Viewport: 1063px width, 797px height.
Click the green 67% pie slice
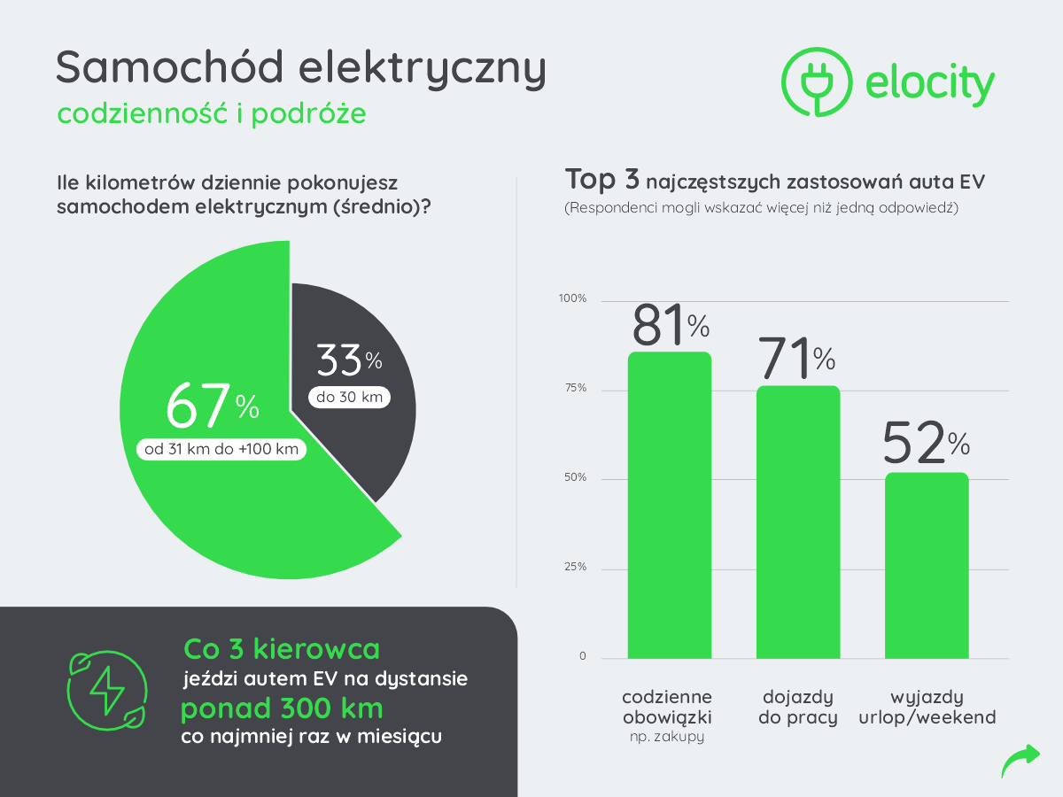[221, 496]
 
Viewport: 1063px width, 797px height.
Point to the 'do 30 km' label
[349, 397]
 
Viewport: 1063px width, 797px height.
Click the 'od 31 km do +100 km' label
[221, 449]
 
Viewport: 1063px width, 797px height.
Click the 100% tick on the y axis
[572, 298]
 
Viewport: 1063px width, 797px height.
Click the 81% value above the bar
[670, 325]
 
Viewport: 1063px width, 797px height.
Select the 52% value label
[926, 445]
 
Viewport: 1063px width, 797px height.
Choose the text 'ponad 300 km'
[282, 709]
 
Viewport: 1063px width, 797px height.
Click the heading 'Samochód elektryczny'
[300, 69]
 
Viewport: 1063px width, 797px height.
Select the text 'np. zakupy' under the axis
[667, 736]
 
